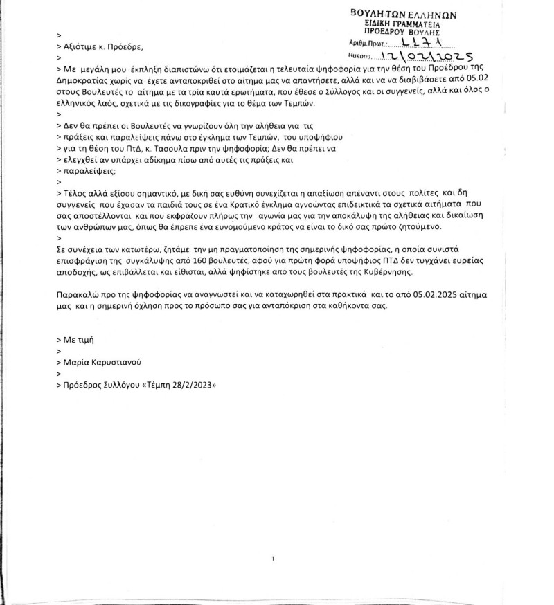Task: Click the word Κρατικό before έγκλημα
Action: point(236,204)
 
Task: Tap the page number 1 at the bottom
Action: point(274,558)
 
